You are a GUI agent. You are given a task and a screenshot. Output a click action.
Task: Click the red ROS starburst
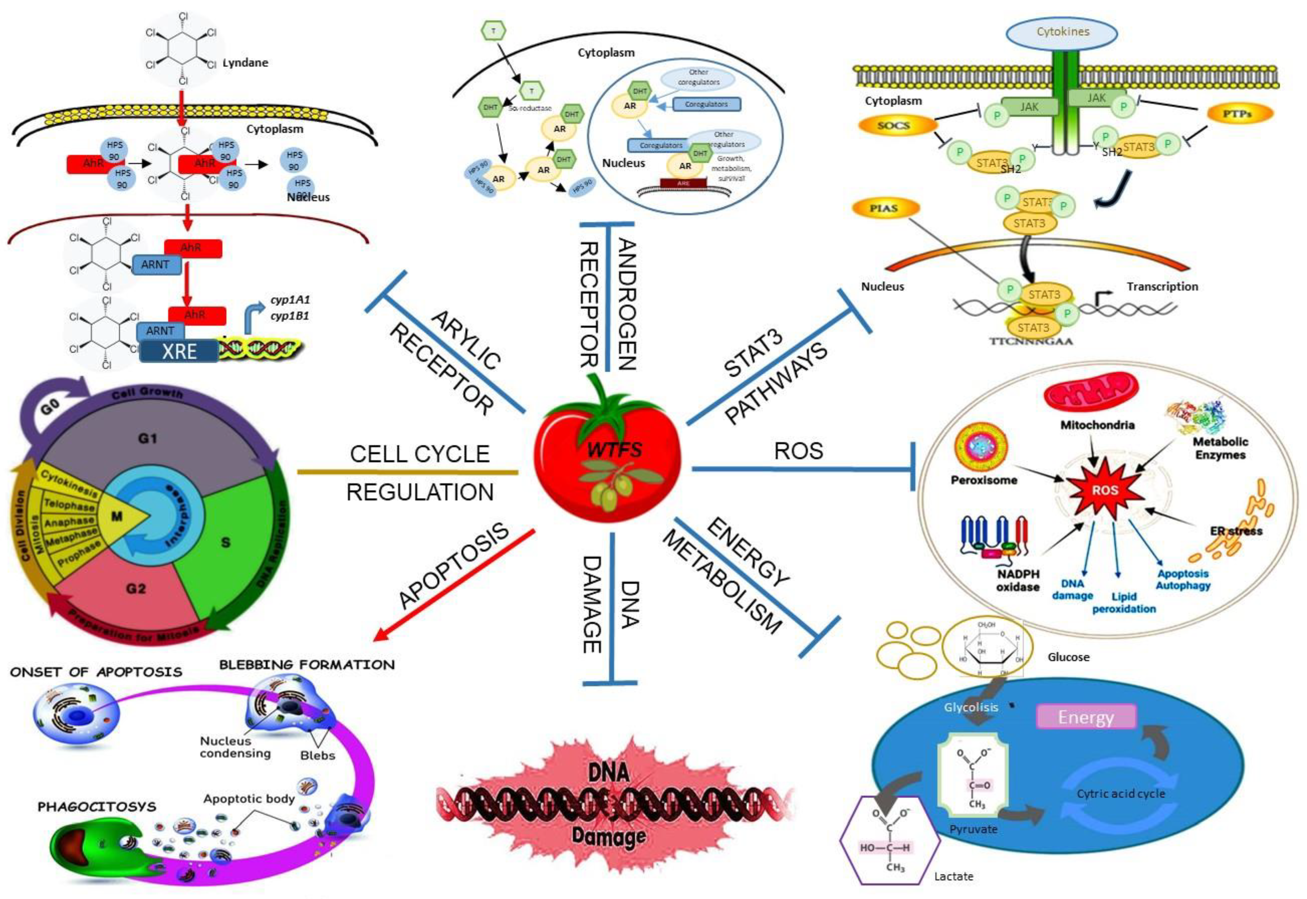pyautogui.click(x=1104, y=490)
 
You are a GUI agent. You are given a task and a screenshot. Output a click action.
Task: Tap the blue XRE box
pyautogui.click(x=179, y=351)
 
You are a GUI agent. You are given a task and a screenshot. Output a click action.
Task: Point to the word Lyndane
pyautogui.click(x=245, y=63)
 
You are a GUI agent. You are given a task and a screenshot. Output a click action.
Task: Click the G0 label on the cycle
pyautogui.click(x=51, y=407)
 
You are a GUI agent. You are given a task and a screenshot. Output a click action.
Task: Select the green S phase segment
pyautogui.click(x=228, y=541)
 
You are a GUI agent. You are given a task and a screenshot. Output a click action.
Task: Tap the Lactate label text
pyautogui.click(x=953, y=876)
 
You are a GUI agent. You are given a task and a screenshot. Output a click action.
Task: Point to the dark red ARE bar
pyautogui.click(x=683, y=183)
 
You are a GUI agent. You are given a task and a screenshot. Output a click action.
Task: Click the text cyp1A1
pyautogui.click(x=290, y=300)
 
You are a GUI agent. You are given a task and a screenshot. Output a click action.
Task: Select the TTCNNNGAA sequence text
pyautogui.click(x=1031, y=341)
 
